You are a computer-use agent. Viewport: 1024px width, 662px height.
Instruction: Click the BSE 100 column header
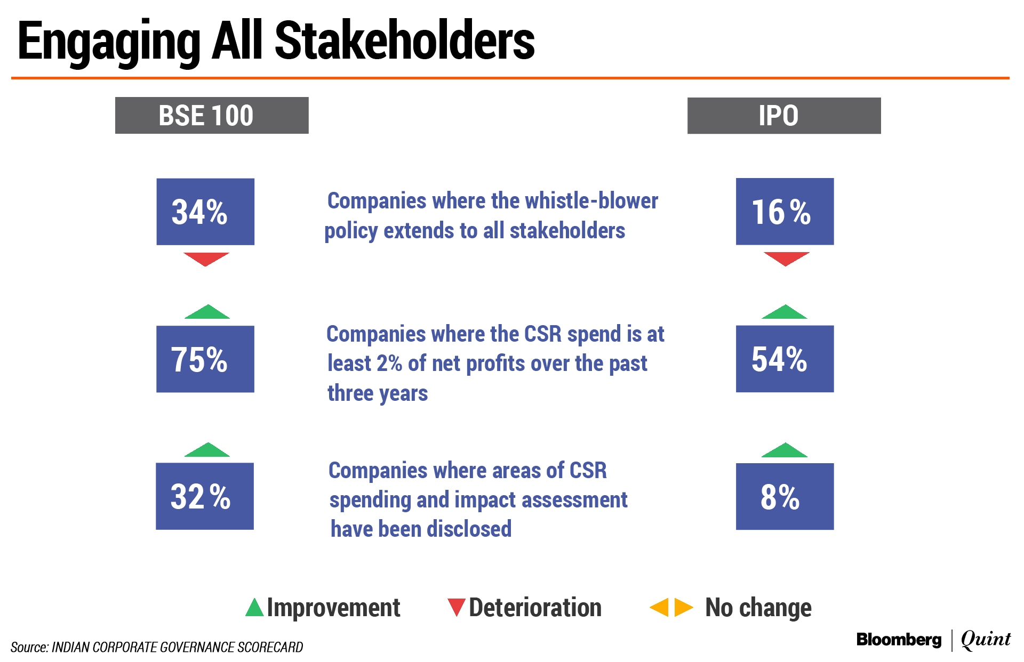click(212, 115)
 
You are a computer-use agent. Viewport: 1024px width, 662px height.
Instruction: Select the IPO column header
click(783, 115)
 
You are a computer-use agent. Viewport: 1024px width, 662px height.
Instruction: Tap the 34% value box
click(205, 212)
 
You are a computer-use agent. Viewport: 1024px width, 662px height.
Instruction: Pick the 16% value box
click(785, 212)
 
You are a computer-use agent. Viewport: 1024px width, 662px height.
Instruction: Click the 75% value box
click(205, 359)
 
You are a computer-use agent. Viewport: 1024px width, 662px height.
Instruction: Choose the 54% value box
click(785, 359)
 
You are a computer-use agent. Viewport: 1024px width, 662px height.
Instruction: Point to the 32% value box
click(205, 496)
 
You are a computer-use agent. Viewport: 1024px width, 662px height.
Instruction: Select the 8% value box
click(785, 496)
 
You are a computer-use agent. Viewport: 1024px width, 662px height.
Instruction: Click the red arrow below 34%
click(206, 259)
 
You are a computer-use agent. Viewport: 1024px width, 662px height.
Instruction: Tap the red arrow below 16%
click(787, 259)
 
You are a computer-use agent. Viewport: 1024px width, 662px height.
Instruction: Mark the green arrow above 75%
click(207, 313)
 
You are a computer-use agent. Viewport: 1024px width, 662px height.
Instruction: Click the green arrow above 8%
click(785, 451)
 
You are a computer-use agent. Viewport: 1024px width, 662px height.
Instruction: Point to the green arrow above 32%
click(207, 451)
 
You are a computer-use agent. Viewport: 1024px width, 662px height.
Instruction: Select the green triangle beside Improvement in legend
click(254, 608)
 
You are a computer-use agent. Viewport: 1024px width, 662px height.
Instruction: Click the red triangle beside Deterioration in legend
click(456, 607)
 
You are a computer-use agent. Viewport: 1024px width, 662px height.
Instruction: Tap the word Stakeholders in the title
click(404, 41)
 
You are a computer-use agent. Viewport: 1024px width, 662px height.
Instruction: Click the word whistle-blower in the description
click(591, 201)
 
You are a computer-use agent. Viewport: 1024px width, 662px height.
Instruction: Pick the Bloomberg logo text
click(899, 640)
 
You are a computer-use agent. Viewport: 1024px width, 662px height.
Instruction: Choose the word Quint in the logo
click(986, 639)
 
